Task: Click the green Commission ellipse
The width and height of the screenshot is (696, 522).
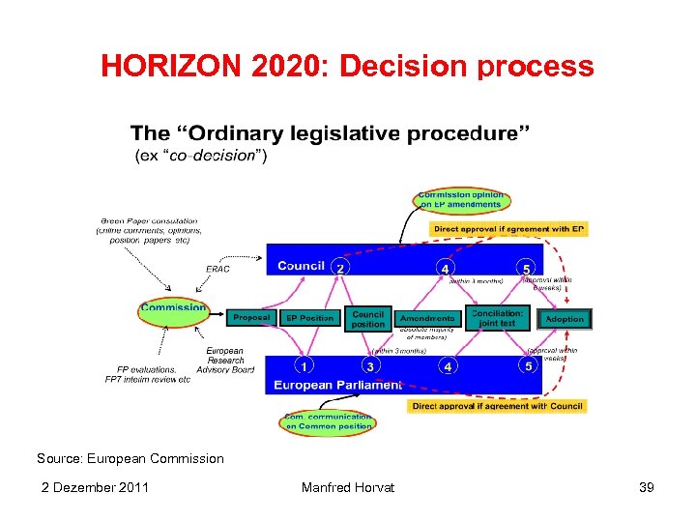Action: click(x=174, y=310)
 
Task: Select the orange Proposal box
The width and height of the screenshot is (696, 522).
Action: click(x=251, y=317)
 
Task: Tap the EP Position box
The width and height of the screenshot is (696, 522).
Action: click(x=309, y=317)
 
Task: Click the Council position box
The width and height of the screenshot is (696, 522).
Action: click(x=368, y=319)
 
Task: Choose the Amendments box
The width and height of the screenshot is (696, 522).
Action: click(x=427, y=318)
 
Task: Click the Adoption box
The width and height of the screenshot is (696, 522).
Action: click(x=565, y=318)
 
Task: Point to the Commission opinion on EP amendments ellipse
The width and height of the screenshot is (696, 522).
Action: click(x=460, y=200)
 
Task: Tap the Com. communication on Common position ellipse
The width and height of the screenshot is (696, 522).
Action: click(x=328, y=421)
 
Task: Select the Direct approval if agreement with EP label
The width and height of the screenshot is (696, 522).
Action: click(x=508, y=229)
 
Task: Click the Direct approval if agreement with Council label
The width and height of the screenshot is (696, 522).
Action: click(x=497, y=406)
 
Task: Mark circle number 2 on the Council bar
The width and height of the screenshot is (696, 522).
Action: click(x=340, y=267)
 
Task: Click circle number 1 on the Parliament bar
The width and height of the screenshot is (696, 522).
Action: click(x=304, y=366)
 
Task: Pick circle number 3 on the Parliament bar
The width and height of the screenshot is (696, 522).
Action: click(x=369, y=366)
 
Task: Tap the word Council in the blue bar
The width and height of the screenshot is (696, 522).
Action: click(x=301, y=266)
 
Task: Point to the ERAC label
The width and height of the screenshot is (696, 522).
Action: click(x=218, y=269)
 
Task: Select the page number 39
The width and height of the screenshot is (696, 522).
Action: click(x=647, y=487)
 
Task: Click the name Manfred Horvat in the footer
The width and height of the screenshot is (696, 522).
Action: click(x=347, y=487)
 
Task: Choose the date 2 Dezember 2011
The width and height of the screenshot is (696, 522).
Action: click(x=95, y=487)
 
